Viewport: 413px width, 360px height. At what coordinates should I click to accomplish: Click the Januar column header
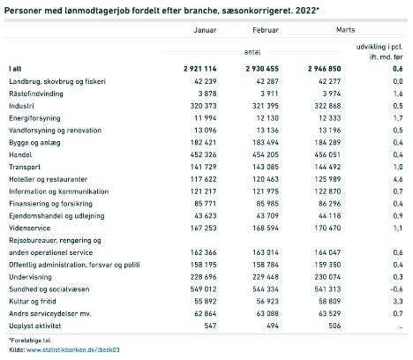pyautogui.click(x=205, y=30)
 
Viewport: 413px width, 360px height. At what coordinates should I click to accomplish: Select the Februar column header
pyautogui.click(x=266, y=30)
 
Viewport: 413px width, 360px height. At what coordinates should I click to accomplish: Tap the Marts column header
pyautogui.click(x=345, y=30)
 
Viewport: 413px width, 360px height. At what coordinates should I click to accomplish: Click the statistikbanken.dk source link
pyautogui.click(x=73, y=349)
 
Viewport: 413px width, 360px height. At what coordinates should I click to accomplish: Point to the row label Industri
pyautogui.click(x=21, y=106)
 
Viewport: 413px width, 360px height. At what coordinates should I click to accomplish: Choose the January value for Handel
pyautogui.click(x=203, y=154)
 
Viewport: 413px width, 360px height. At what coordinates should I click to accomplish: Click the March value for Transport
pyautogui.click(x=327, y=167)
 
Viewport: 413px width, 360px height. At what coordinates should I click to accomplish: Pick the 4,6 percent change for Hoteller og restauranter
pyautogui.click(x=398, y=179)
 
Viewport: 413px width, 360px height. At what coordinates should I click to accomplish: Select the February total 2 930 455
pyautogui.click(x=262, y=69)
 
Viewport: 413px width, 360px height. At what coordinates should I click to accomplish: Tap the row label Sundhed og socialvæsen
pyautogui.click(x=49, y=289)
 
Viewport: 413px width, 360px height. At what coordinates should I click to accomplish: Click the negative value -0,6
pyautogui.click(x=396, y=289)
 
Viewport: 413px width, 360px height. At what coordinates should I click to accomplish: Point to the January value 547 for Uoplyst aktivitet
pyautogui.click(x=210, y=326)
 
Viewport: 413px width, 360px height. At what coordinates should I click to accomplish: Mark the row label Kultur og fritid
pyautogui.click(x=33, y=302)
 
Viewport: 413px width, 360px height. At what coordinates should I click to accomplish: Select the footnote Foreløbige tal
pyautogui.click(x=31, y=341)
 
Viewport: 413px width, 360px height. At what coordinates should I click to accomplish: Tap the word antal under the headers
pyautogui.click(x=252, y=52)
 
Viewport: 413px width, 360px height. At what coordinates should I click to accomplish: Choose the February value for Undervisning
pyautogui.click(x=266, y=277)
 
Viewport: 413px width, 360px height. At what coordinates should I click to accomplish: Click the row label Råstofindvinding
pyautogui.click(x=36, y=94)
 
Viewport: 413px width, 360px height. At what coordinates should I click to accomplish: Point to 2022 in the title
pyautogui.click(x=306, y=11)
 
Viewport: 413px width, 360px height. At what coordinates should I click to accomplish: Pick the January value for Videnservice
pyautogui.click(x=203, y=228)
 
